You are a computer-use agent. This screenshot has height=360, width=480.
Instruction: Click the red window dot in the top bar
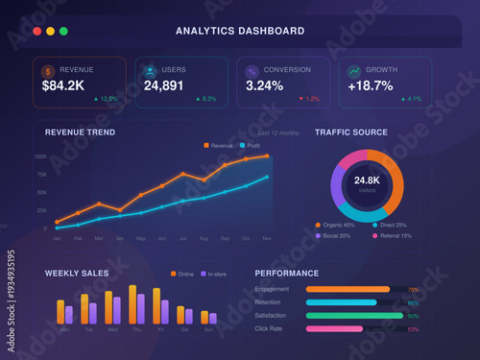36,32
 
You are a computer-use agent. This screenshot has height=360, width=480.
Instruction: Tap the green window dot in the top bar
63,32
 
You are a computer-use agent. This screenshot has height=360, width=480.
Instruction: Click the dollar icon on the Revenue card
48,70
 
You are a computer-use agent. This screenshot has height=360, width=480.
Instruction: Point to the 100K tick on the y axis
41,156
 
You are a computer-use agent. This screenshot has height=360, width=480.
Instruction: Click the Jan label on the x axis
57,237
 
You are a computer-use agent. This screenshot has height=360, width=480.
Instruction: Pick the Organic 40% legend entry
336,225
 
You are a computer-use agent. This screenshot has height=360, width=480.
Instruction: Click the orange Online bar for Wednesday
107,305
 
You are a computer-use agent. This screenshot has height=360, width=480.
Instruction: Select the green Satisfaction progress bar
354,315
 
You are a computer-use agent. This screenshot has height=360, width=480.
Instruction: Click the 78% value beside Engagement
414,289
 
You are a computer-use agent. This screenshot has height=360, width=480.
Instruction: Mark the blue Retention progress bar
342,302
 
